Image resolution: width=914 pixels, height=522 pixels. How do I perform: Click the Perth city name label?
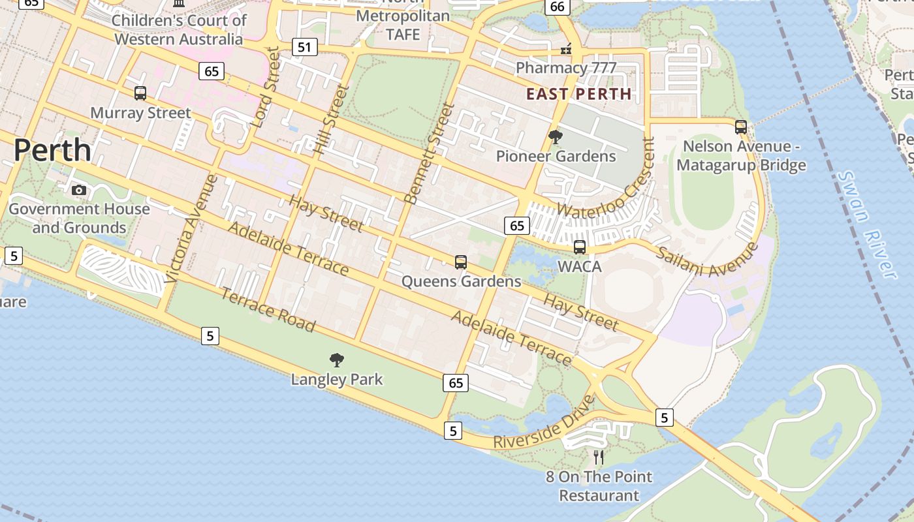52,150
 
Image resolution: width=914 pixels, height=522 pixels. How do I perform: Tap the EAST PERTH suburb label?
579,94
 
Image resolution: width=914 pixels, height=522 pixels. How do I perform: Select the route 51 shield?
305,46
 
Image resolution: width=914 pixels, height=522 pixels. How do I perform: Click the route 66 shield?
557,7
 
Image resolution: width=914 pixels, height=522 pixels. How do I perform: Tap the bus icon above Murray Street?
140,93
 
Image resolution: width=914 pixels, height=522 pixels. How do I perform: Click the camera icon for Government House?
79,190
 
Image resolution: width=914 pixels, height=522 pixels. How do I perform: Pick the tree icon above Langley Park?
337,360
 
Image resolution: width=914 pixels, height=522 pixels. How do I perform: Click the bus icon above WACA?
579,247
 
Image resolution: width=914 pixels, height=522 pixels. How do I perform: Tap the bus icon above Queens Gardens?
461,262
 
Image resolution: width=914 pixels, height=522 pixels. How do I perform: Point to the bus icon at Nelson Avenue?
740,127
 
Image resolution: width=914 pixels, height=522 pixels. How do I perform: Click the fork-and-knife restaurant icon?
599,457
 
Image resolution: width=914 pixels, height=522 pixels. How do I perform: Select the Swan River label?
866,224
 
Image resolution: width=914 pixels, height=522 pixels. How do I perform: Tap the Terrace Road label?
268,309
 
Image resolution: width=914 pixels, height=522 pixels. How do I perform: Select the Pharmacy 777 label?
566,68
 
